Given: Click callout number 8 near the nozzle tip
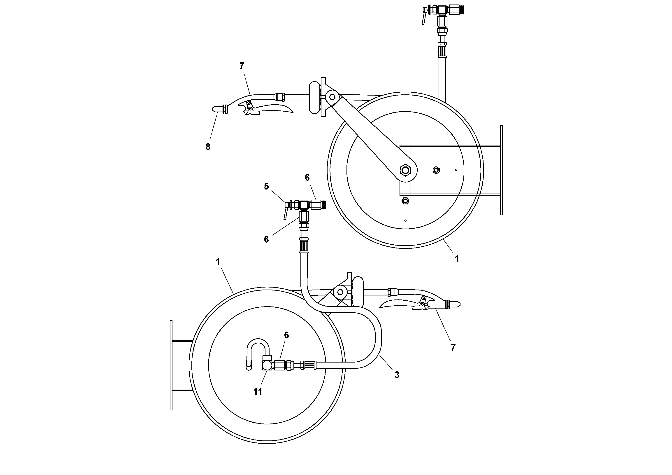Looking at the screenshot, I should coord(208,147).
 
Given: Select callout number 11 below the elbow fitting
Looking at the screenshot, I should coord(258,391).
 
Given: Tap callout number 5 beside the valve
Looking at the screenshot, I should coord(266,186).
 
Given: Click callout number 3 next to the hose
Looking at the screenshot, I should coord(397,375).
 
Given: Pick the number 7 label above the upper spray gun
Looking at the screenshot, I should coord(242,66).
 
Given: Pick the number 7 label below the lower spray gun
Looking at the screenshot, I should coord(453,348).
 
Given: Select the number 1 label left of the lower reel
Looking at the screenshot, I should coord(218,262).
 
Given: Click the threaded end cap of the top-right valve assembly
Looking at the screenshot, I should coord(462,10).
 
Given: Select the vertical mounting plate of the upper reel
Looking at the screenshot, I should coord(501,170).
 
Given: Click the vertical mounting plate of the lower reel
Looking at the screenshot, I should coord(171,365).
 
